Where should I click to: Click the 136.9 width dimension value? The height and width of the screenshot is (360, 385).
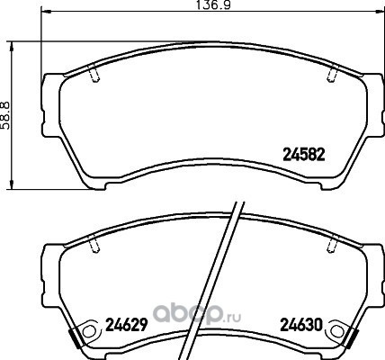point(213,4)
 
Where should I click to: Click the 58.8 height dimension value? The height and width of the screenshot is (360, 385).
point(5,115)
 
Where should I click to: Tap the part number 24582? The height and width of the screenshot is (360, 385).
point(304,155)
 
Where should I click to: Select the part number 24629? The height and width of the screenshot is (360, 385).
point(126,324)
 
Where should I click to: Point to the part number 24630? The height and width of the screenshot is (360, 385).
point(301,325)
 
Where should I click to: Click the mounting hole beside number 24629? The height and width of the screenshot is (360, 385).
point(88,332)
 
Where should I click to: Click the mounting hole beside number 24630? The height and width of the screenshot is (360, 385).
point(335,331)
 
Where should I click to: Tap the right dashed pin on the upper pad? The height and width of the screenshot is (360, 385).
point(332,74)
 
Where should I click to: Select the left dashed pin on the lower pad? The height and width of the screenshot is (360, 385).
point(94,244)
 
